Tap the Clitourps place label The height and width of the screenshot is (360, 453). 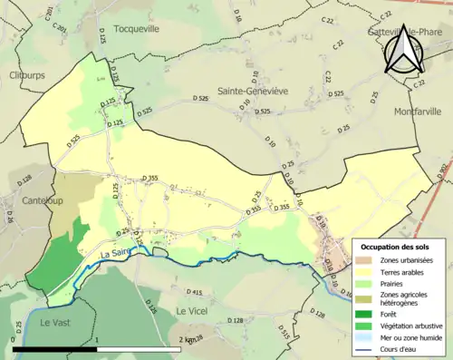click(28, 75)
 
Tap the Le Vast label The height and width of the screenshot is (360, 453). click(54, 322)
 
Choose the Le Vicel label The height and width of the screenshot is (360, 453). click(193, 311)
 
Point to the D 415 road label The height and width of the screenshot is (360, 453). click(193, 292)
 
